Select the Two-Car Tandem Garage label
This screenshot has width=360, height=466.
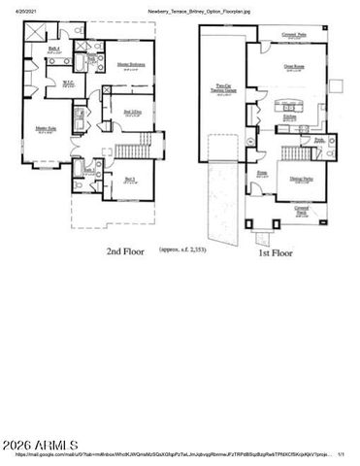click(222, 93)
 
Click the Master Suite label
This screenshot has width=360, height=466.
click(45, 128)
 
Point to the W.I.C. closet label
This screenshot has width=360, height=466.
click(69, 83)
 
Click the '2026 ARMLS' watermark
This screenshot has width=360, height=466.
click(37, 447)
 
